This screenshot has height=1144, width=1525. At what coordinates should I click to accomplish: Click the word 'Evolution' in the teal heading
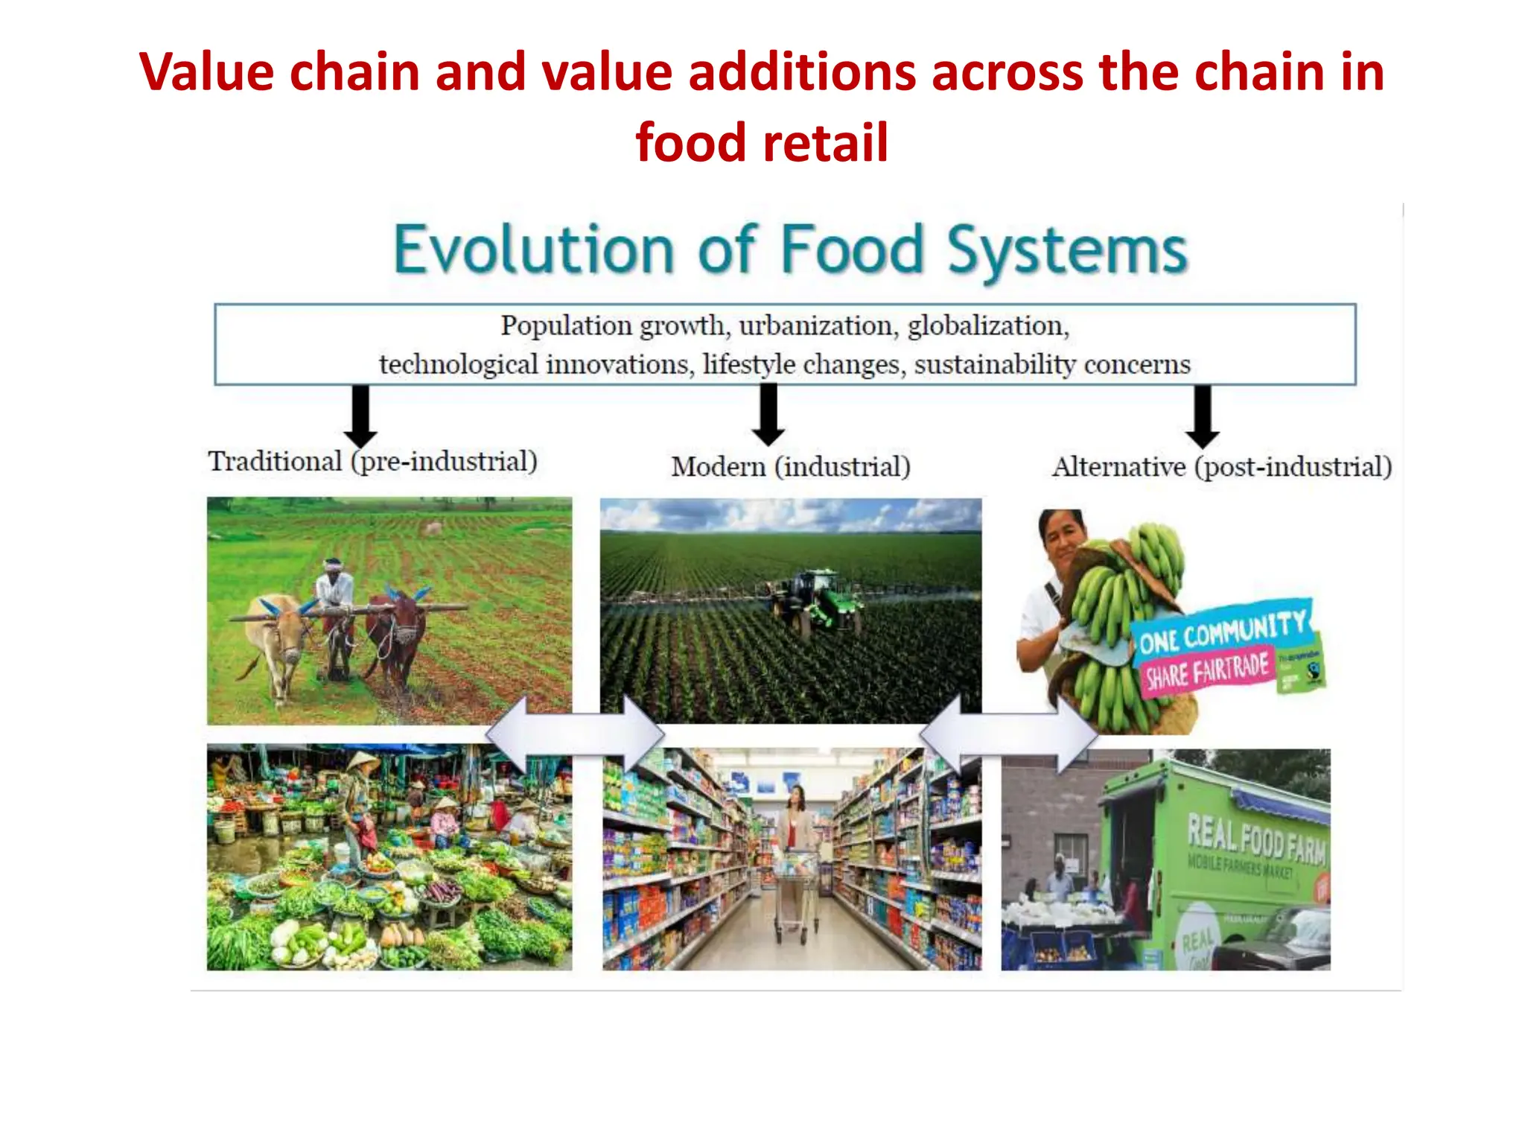(533, 250)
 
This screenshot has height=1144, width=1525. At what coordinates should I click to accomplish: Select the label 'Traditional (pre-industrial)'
(372, 461)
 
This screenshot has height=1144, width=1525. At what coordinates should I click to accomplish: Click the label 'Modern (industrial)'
(791, 467)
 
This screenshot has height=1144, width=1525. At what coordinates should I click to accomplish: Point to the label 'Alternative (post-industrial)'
(1222, 467)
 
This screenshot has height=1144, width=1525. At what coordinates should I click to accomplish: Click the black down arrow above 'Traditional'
(360, 415)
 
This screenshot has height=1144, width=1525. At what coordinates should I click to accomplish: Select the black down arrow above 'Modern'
(768, 414)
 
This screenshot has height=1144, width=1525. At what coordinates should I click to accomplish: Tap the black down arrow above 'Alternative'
(1202, 416)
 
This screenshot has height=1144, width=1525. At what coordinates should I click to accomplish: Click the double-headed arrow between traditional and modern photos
(575, 734)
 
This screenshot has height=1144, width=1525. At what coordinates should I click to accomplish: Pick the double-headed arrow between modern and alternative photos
(1008, 734)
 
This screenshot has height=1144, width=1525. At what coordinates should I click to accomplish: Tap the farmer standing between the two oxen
(336, 596)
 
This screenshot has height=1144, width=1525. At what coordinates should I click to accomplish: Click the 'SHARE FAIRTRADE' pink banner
(1206, 670)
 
